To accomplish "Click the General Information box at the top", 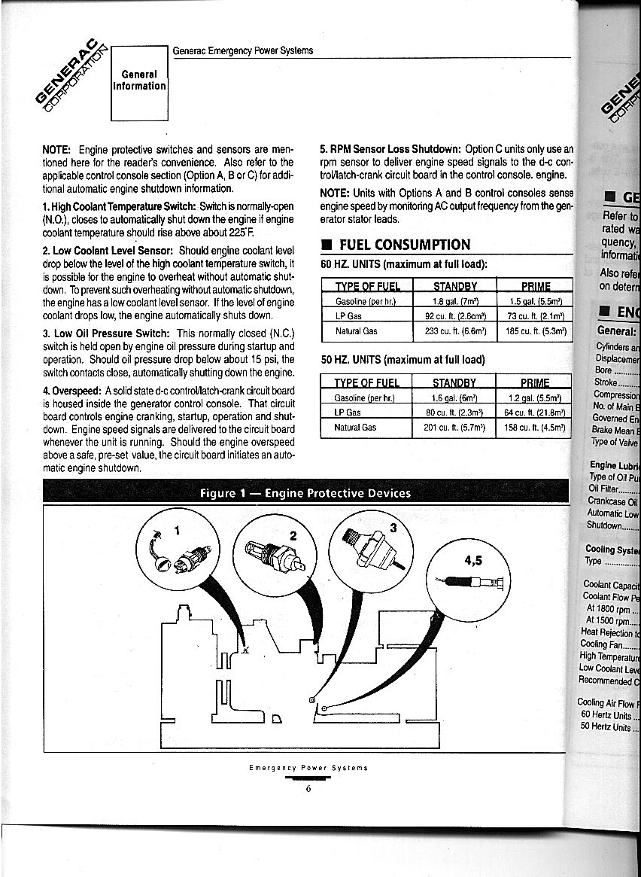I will click(139, 81).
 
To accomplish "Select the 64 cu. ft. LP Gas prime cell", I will click(534, 413).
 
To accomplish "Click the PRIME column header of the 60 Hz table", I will click(535, 286).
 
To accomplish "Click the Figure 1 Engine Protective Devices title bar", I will click(305, 493).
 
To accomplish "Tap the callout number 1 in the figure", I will click(178, 529).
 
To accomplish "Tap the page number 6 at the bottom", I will click(308, 788).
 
